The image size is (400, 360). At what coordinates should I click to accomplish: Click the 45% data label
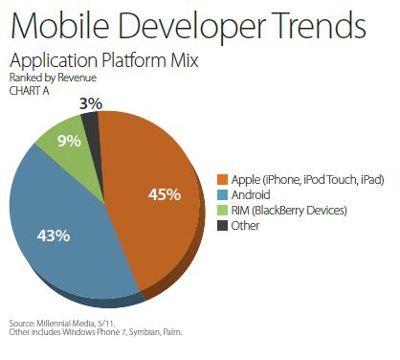pyautogui.click(x=165, y=194)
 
